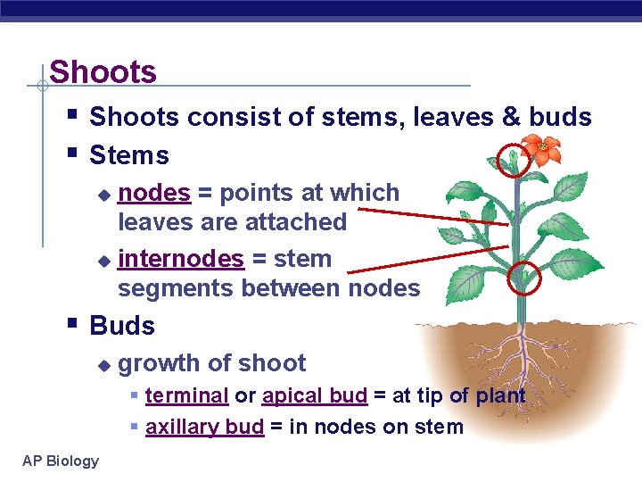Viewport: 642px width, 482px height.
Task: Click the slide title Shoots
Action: pyautogui.click(x=103, y=72)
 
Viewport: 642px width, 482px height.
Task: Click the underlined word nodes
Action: pyautogui.click(x=154, y=193)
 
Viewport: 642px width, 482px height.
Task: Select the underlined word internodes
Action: pyautogui.click(x=180, y=259)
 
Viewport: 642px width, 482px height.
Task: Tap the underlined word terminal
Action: pyautogui.click(x=186, y=395)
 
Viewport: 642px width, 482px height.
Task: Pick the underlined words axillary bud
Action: pyautogui.click(x=204, y=427)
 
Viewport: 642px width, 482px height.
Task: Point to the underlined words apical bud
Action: pyautogui.click(x=314, y=395)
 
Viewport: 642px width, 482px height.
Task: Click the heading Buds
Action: pyautogui.click(x=122, y=326)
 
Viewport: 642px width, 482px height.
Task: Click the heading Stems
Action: pyautogui.click(x=129, y=155)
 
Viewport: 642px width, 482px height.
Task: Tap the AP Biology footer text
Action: pyautogui.click(x=61, y=461)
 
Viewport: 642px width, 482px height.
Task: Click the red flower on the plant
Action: pyautogui.click(x=541, y=147)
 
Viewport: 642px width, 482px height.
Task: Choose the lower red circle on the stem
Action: pyautogui.click(x=523, y=279)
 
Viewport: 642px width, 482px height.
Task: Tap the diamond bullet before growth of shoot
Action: pyautogui.click(x=104, y=364)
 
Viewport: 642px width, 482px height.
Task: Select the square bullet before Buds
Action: pyautogui.click(x=72, y=324)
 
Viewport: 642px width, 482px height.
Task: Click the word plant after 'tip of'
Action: pyautogui.click(x=500, y=395)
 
